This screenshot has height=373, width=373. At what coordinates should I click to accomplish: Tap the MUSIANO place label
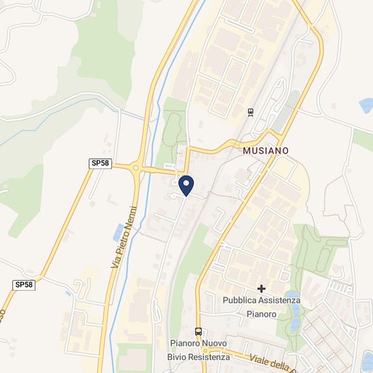pos(265,150)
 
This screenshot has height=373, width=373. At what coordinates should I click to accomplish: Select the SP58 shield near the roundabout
pos(100,163)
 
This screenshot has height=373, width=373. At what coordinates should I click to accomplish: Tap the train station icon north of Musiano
pos(250,112)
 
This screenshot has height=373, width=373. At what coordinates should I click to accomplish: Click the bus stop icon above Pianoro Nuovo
pos(198,331)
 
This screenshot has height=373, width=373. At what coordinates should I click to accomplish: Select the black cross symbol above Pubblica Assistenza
pos(261,289)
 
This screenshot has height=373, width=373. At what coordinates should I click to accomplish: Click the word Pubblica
pos(240,300)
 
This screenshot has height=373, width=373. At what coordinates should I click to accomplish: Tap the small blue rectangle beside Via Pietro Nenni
pos(119,232)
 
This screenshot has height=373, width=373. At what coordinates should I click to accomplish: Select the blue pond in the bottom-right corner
pos(367,359)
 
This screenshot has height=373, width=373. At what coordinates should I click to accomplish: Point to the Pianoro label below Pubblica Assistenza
pos(261,314)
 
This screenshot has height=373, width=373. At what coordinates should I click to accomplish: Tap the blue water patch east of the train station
pos(367,105)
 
